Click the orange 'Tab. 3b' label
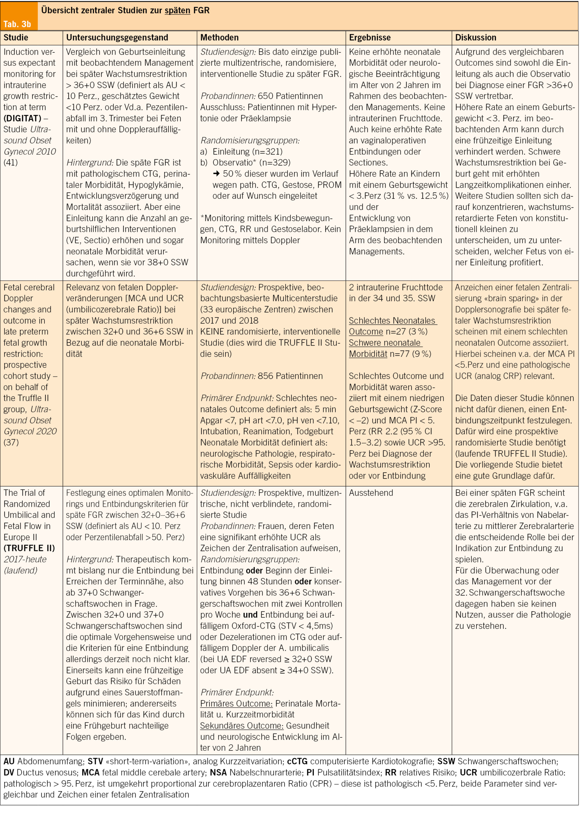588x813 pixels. click(x=17, y=24)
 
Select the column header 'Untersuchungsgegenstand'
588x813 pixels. click(x=117, y=38)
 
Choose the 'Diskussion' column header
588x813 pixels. click(x=476, y=38)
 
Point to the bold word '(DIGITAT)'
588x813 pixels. click(x=22, y=118)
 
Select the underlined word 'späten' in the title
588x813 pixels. click(x=177, y=10)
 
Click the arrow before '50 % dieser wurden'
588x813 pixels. click(x=216, y=174)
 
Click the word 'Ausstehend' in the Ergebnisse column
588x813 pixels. click(x=371, y=493)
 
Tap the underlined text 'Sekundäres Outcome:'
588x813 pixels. click(x=242, y=726)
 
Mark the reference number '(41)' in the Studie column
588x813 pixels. click(x=11, y=163)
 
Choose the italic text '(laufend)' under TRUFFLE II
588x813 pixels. click(x=20, y=570)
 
